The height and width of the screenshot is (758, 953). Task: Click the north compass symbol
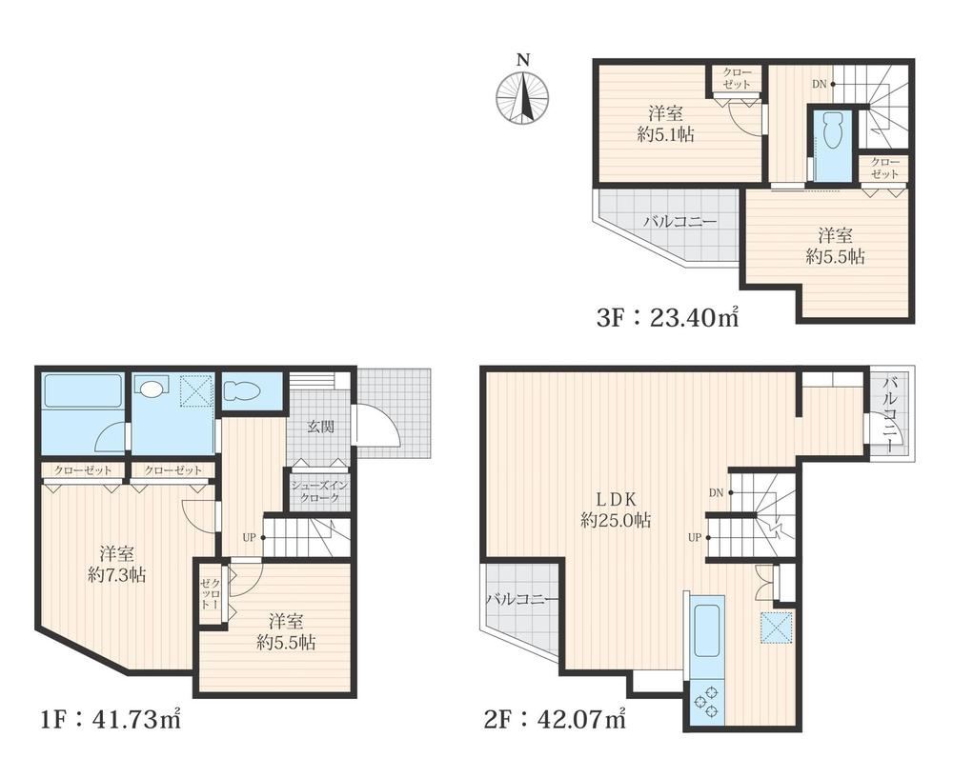[x=522, y=98]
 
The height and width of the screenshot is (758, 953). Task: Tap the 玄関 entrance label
[x=319, y=427]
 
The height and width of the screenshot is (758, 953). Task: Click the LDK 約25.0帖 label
[x=615, y=509]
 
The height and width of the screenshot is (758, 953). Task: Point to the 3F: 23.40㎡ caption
[x=667, y=317]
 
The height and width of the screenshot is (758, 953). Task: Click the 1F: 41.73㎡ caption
[x=110, y=719]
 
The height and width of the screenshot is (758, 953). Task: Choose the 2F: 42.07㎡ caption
[x=555, y=719]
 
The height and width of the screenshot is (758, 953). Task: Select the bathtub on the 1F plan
[x=83, y=391]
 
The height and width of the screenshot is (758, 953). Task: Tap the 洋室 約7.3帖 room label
[x=116, y=565]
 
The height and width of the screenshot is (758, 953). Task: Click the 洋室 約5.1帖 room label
[x=665, y=124]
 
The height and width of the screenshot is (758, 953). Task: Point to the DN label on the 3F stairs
[x=820, y=85]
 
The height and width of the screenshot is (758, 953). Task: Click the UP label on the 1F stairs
[x=249, y=537]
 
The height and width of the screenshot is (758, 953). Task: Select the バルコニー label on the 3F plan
[x=680, y=221]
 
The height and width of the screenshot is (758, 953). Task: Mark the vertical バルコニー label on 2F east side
[x=891, y=415]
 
